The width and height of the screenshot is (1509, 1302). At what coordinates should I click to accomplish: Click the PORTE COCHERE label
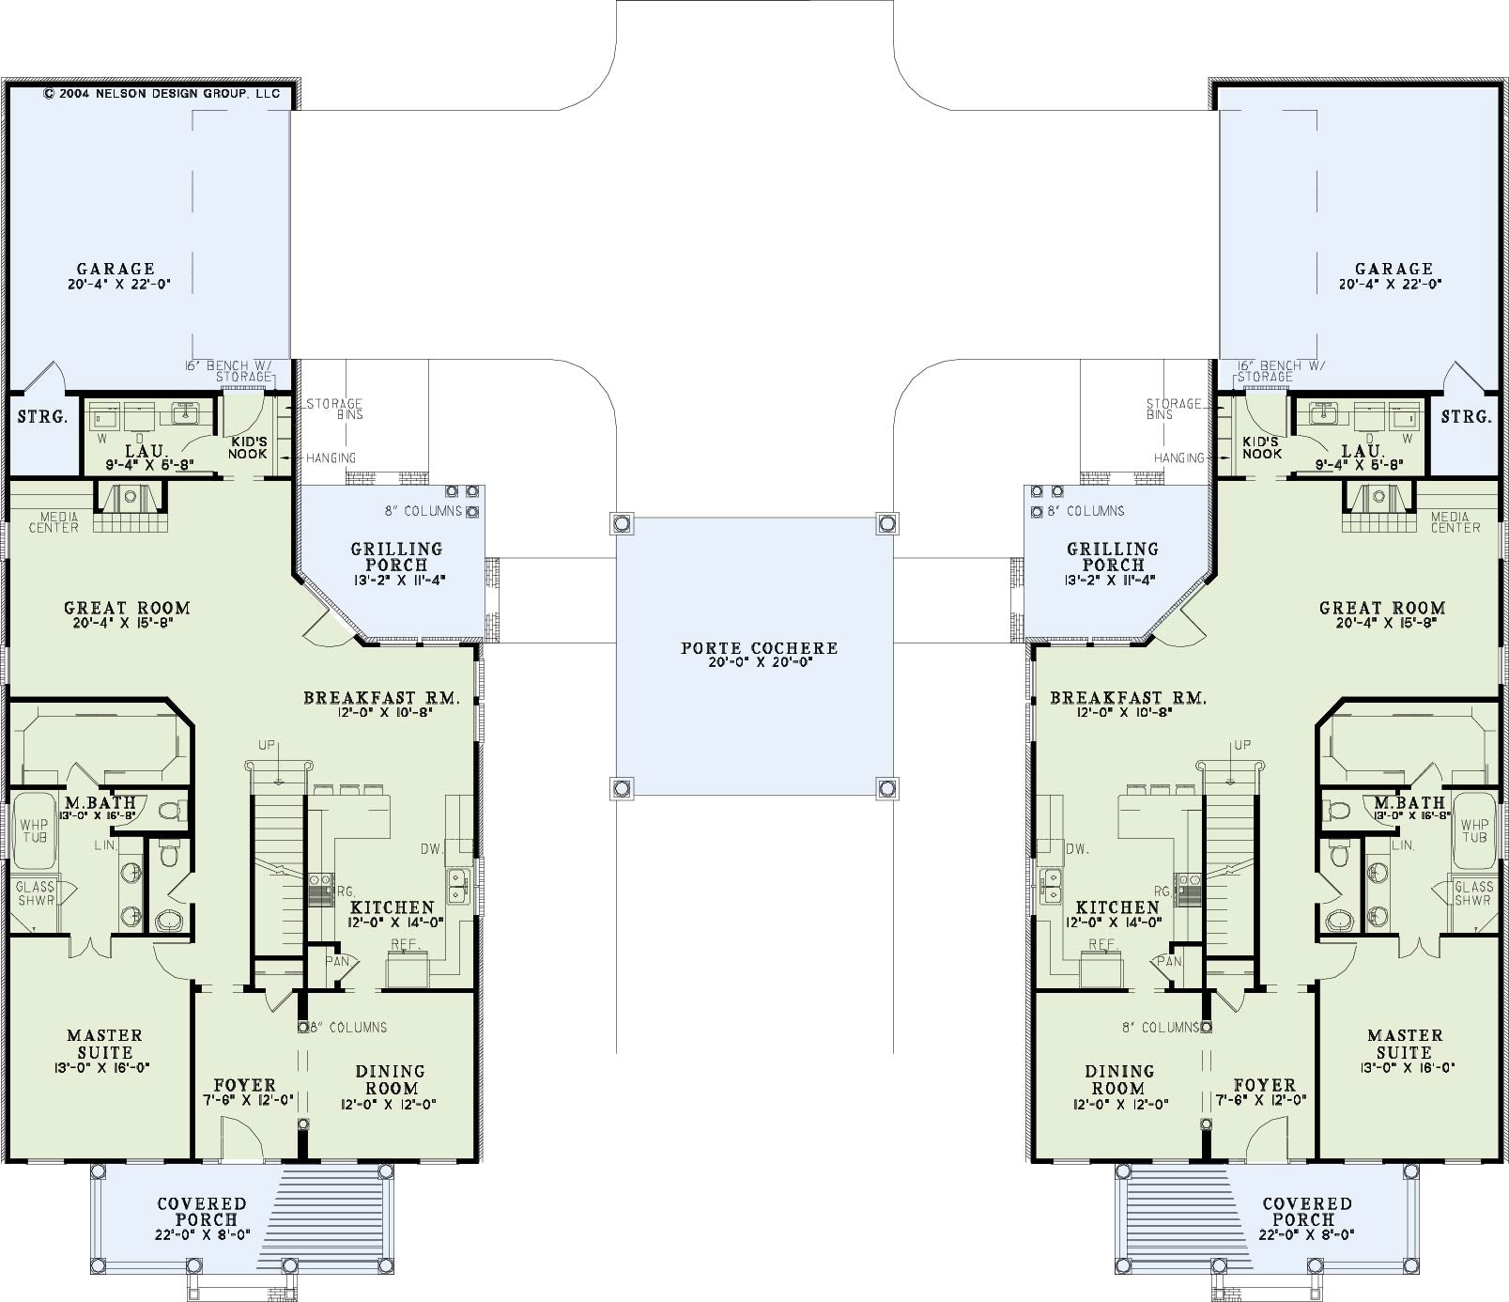click(759, 648)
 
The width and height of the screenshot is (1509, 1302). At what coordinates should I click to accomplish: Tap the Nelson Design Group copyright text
click(162, 94)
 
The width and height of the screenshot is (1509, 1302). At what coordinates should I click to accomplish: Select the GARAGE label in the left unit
click(115, 269)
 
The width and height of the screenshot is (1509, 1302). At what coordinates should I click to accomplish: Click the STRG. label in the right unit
click(1466, 416)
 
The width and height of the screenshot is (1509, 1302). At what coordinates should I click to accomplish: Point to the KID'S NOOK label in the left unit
click(248, 447)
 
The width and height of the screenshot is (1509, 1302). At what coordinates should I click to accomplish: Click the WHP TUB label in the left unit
click(34, 831)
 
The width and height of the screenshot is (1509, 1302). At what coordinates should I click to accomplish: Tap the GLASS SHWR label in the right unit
click(1472, 892)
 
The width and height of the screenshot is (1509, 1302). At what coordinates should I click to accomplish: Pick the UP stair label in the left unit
click(268, 745)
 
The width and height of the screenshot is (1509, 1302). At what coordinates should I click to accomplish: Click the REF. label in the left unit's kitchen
click(405, 944)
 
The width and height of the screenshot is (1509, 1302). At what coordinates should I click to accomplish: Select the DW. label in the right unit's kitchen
click(1077, 848)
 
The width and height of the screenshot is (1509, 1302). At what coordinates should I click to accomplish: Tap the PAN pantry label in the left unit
click(337, 961)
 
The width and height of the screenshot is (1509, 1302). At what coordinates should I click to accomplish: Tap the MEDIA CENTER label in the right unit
click(1455, 522)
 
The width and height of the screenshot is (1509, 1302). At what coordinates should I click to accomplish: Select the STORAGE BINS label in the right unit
click(1174, 409)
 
